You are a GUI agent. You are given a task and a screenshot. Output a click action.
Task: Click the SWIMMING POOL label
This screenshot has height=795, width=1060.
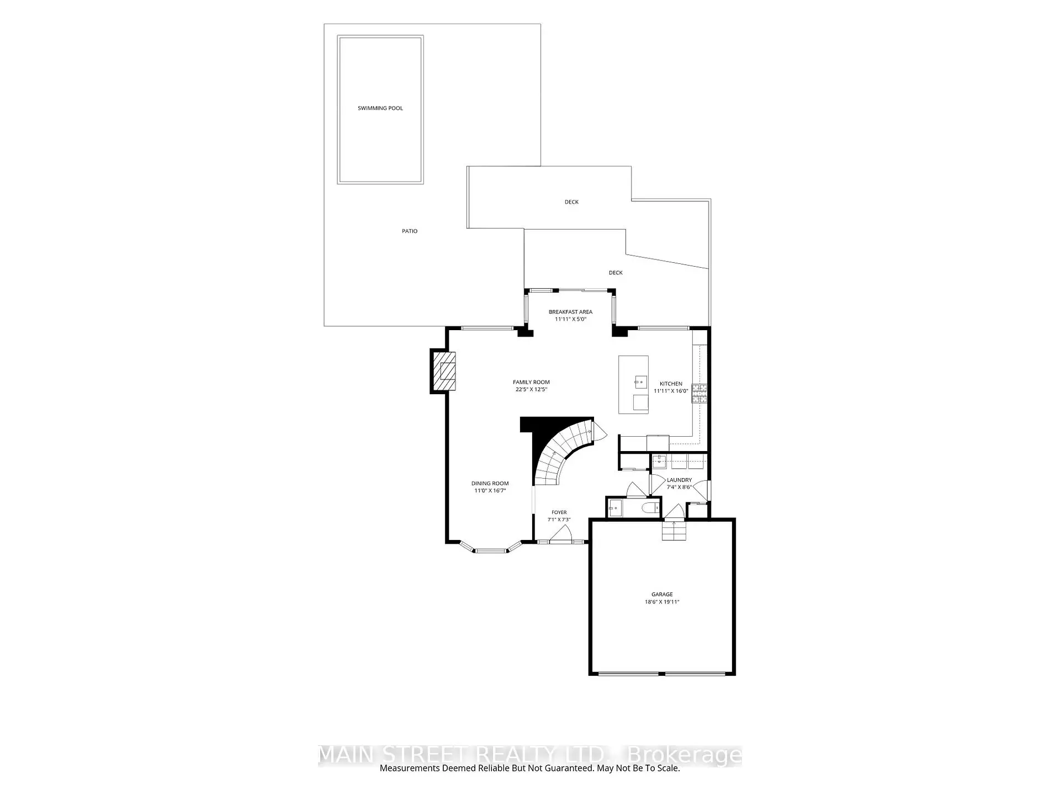coord(380,108)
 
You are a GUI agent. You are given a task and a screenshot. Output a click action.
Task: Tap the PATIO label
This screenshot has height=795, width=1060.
coord(410,231)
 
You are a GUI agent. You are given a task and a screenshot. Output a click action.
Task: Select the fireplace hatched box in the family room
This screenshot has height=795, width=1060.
coord(444,371)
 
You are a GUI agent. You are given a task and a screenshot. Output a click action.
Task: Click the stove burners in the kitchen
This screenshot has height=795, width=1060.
coord(699,393)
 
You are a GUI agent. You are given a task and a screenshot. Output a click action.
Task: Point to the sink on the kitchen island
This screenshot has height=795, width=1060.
coord(641,381)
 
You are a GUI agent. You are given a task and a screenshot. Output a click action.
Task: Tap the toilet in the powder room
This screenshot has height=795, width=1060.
coord(651,507)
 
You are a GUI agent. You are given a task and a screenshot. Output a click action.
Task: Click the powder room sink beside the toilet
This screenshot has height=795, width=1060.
coord(614,507)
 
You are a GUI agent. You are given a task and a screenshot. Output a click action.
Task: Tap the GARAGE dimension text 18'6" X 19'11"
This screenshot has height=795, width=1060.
coord(662,602)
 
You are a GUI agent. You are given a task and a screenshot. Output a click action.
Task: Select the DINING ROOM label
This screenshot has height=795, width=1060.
coord(490,484)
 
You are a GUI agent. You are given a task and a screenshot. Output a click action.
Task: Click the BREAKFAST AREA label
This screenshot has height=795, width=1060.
coord(570,312)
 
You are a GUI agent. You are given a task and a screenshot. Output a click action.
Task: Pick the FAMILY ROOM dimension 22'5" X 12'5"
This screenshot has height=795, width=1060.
coord(531,389)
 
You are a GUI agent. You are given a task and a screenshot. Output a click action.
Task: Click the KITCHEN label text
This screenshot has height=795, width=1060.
coord(671,384)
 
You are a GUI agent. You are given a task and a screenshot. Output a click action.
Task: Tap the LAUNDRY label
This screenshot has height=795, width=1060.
coord(679,480)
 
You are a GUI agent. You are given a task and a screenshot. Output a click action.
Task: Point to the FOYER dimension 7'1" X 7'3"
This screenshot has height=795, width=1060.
coord(559,520)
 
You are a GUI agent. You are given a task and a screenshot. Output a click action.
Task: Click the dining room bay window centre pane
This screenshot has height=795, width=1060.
coord(491,550)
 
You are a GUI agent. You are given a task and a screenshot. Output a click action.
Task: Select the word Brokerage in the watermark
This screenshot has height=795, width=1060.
coord(685,755)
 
